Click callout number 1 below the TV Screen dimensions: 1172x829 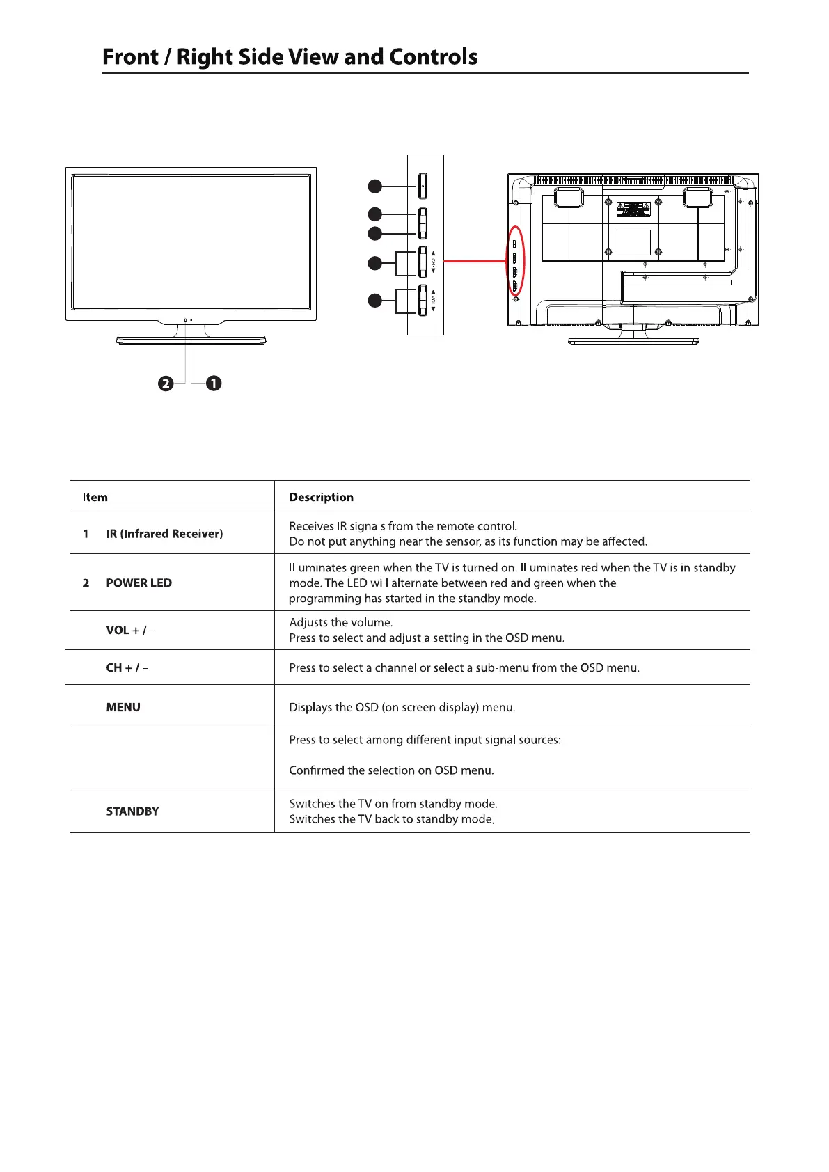(214, 383)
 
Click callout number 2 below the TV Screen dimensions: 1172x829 (166, 383)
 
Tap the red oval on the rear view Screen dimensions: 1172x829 (514, 262)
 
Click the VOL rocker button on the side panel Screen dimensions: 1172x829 (423, 301)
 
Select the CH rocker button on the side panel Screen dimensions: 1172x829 (423, 262)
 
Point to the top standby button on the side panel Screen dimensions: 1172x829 (423, 186)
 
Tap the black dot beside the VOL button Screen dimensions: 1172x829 (374, 301)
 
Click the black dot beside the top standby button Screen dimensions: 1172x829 (374, 186)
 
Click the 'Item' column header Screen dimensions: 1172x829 (95, 498)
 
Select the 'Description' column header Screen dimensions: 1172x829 (321, 498)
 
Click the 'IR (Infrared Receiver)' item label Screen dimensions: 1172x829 (164, 534)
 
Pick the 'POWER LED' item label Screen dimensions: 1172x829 (139, 583)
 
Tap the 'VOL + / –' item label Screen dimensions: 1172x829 (130, 631)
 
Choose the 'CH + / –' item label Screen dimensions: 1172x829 (127, 668)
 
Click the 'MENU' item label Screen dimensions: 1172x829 (123, 708)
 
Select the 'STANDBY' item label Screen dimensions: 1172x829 (132, 811)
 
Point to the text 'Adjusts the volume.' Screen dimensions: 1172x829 (341, 623)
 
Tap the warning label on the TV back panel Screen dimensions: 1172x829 (633, 207)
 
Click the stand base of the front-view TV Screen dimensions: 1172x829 (191, 341)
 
